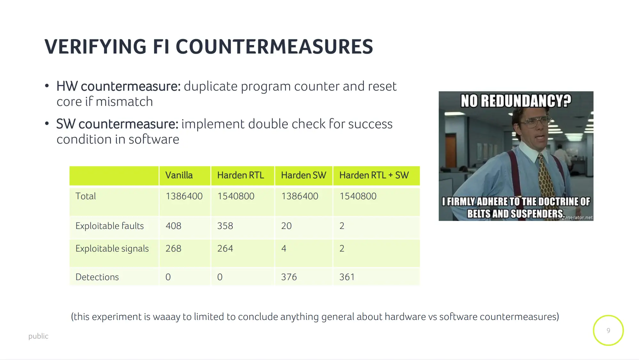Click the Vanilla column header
pos(179,175)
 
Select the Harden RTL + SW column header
pos(374,175)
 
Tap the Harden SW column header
pos(304,175)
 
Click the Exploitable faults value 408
pos(173,226)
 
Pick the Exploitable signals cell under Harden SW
pos(284,249)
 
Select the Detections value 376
pos(289,277)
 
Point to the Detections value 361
pos(347,277)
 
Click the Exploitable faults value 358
pos(225,226)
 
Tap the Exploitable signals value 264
pos(225,249)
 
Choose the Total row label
pos(86,196)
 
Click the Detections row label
pos(97,277)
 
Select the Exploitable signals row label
pos(112,249)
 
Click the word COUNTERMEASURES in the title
pos(274,47)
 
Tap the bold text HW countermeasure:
pos(119,86)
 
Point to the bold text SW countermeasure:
pos(117,124)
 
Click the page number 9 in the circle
pos(608,331)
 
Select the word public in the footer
pos(38,336)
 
